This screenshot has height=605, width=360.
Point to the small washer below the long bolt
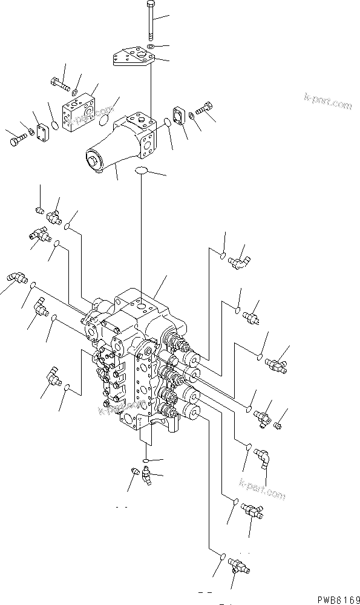[x=150, y=46]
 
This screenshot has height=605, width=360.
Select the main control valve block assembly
[x=142, y=357]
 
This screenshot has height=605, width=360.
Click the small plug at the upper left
[x=39, y=210]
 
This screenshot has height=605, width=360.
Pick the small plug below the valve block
[x=135, y=471]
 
